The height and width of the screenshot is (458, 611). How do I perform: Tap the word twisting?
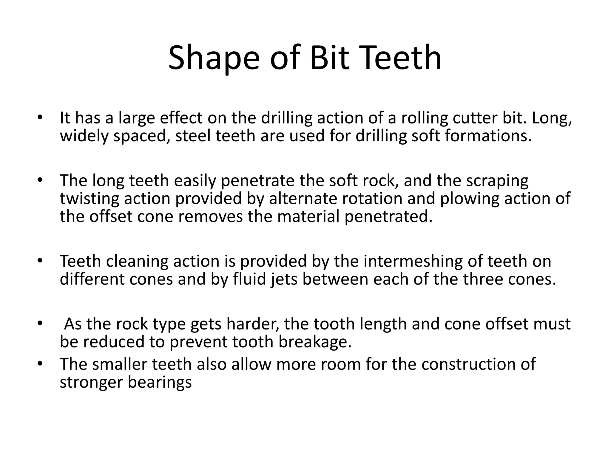[x=89, y=199]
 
